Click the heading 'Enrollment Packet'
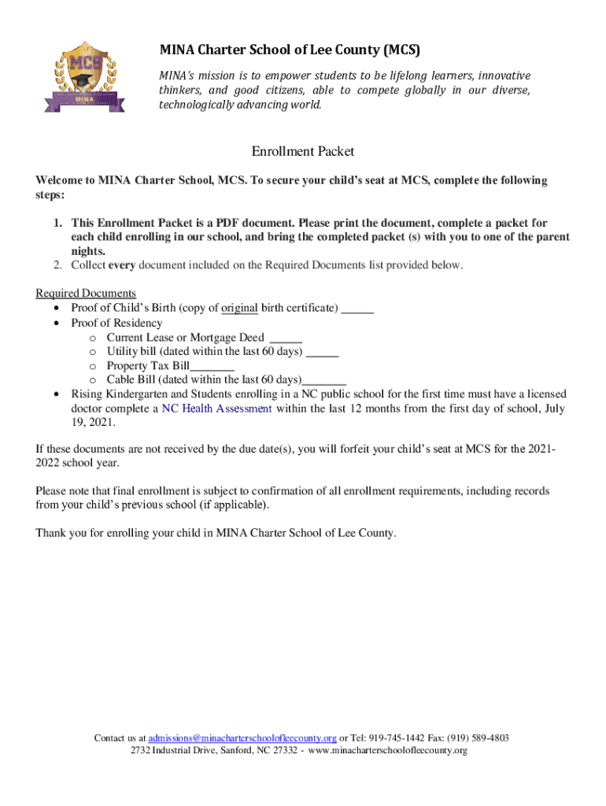pyautogui.click(x=303, y=150)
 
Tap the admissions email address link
pyautogui.click(x=242, y=738)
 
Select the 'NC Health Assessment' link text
pyautogui.click(x=217, y=409)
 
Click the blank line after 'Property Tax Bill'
pyautogui.click(x=212, y=366)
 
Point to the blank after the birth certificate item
pyautogui.click(x=358, y=308)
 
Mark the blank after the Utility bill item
pyautogui.click(x=322, y=352)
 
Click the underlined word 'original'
pyautogui.click(x=240, y=308)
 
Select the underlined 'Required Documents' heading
pyautogui.click(x=86, y=294)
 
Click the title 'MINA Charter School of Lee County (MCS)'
pyautogui.click(x=290, y=50)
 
